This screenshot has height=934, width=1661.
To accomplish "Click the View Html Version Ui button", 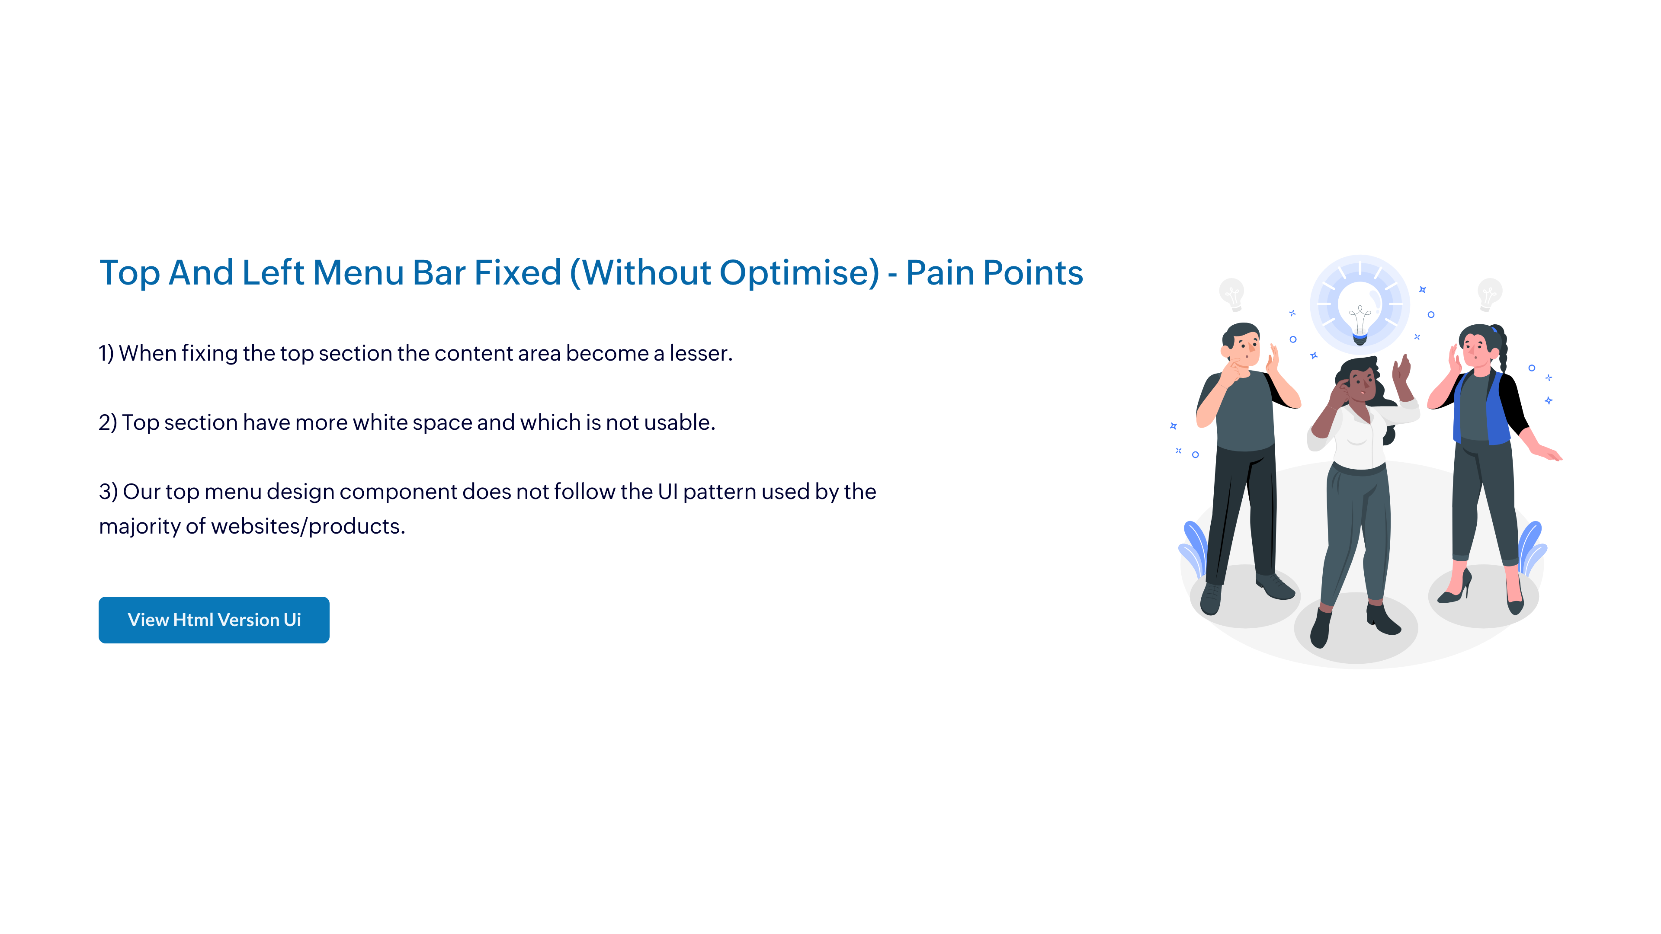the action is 214,620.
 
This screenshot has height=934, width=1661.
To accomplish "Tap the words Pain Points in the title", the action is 994,273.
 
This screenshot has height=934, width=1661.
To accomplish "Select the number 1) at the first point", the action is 106,353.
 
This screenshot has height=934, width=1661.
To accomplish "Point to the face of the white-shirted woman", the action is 1360,385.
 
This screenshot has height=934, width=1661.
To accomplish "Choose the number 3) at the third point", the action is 108,492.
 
